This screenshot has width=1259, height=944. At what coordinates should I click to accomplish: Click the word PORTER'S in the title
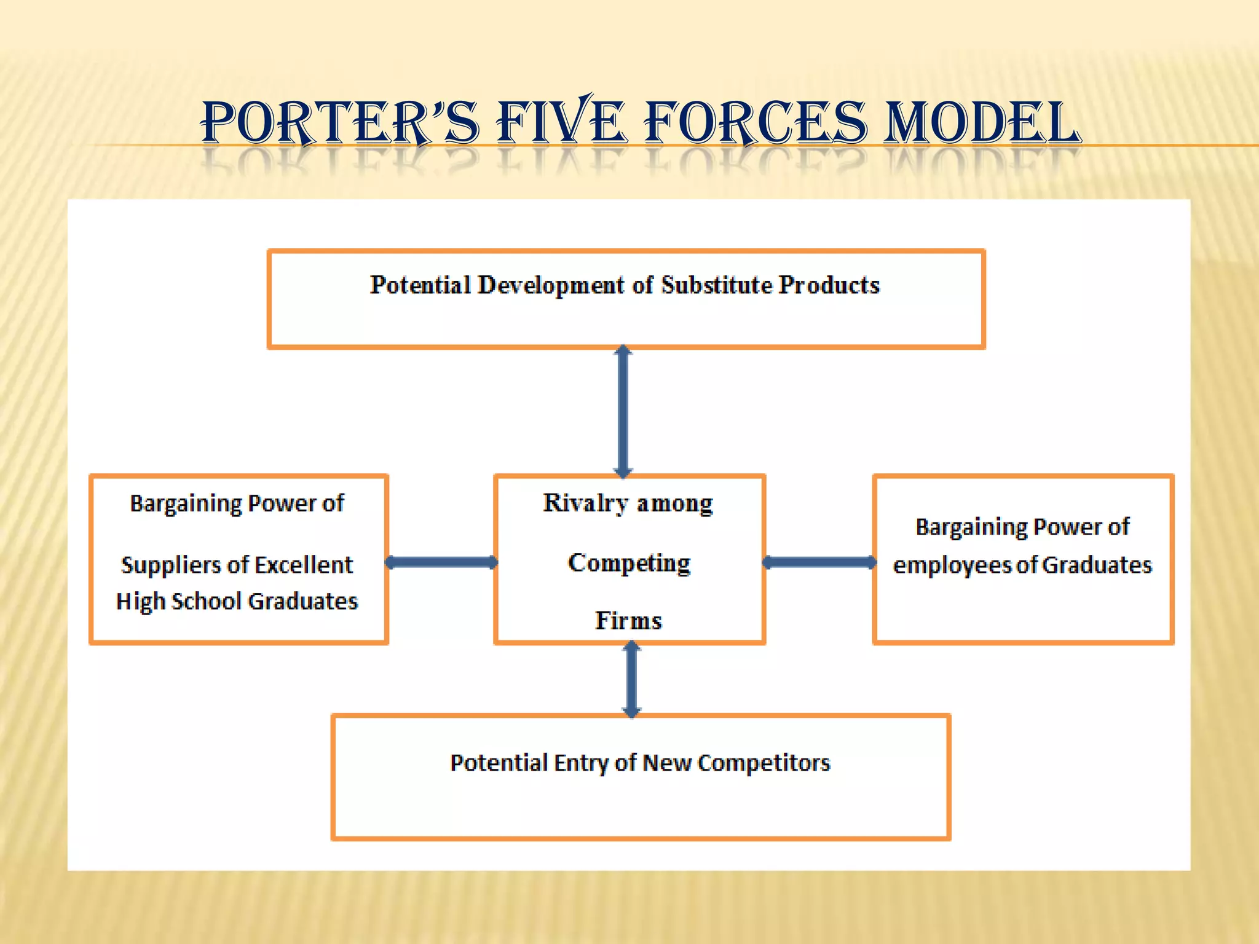pyautogui.click(x=340, y=123)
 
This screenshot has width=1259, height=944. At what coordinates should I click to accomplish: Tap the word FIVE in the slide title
pyautogui.click(x=561, y=123)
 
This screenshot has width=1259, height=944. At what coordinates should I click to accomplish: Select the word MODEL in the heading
pyautogui.click(x=982, y=123)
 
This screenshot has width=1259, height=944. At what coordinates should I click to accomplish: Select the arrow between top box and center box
pyautogui.click(x=623, y=412)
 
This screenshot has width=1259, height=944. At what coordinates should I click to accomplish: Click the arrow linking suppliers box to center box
pyautogui.click(x=441, y=562)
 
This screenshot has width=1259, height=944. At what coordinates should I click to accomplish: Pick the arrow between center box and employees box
pyautogui.click(x=819, y=562)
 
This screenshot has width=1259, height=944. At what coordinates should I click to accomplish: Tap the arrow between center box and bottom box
pyautogui.click(x=631, y=679)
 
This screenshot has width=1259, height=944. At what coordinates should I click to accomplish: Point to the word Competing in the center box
pyautogui.click(x=629, y=563)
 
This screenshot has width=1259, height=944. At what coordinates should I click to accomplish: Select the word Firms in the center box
pyautogui.click(x=628, y=621)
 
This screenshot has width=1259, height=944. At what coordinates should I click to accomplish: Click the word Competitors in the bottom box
pyautogui.click(x=764, y=763)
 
